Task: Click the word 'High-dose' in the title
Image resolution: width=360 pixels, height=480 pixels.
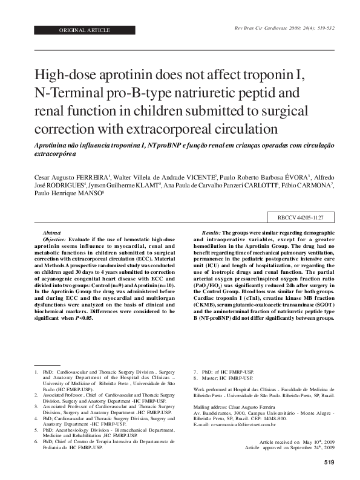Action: [x=68, y=76]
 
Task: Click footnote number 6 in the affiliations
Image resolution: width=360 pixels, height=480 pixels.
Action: [x=36, y=442]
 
